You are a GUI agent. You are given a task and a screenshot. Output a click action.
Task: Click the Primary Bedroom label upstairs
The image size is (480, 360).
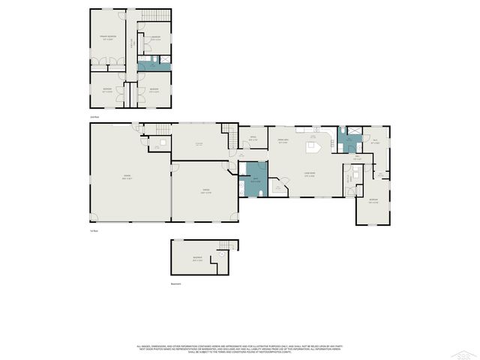109,37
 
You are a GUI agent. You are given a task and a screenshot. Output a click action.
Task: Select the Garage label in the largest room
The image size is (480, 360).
128,178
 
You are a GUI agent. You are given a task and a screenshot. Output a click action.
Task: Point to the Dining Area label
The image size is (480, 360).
283,141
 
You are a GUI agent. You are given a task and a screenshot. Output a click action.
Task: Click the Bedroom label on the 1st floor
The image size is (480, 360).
373,200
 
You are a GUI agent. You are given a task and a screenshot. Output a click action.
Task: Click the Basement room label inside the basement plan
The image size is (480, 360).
197,259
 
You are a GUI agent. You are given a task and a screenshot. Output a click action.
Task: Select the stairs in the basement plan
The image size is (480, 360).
225,245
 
